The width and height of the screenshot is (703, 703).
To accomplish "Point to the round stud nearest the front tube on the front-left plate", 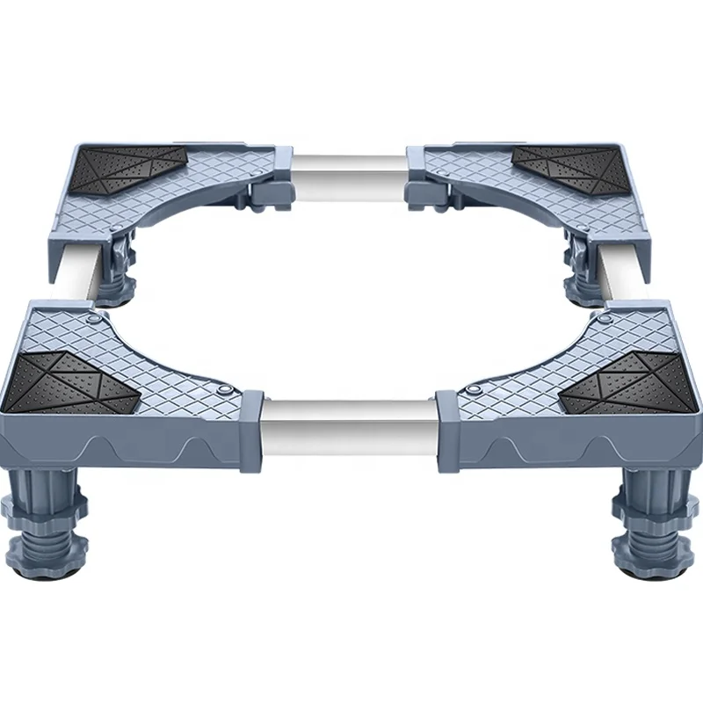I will pos(226,389).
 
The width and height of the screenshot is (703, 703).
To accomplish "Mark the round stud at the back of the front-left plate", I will pos(93,308).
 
